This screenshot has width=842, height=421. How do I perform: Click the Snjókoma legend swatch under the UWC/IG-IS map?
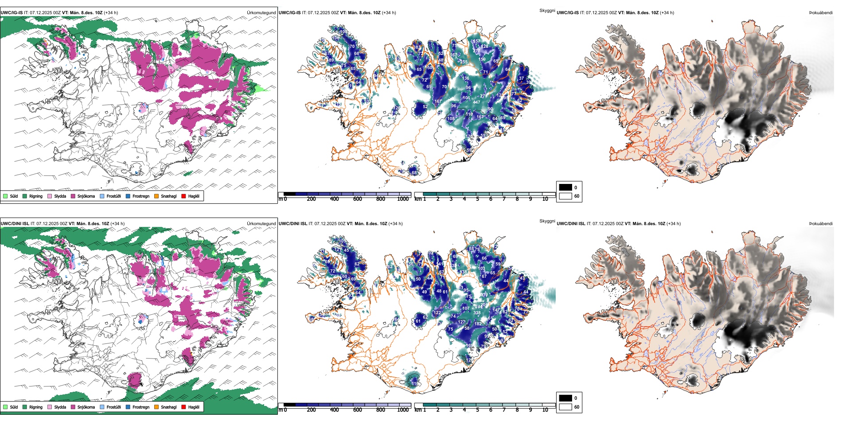click(x=73, y=196)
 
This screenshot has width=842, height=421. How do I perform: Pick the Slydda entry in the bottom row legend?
click(x=60, y=407)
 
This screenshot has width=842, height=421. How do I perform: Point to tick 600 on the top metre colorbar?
click(x=357, y=199)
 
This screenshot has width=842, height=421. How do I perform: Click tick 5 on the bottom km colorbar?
click(x=477, y=410)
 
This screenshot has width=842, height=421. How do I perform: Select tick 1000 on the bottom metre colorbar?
click(x=403, y=410)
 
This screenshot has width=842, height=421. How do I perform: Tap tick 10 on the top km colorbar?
click(x=545, y=199)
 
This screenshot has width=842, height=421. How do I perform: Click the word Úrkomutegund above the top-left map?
click(x=261, y=12)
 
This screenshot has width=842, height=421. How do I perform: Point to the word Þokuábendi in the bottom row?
click(x=821, y=223)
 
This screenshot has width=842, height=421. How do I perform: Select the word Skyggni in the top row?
click(x=547, y=10)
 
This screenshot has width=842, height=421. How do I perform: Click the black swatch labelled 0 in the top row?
click(x=565, y=187)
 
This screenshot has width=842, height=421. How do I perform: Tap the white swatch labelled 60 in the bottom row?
click(x=565, y=407)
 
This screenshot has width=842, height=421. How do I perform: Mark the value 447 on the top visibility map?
click(x=476, y=102)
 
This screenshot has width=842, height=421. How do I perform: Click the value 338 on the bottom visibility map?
click(x=477, y=313)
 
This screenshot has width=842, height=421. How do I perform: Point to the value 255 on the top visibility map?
click(x=464, y=62)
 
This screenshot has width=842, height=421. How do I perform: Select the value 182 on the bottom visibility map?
click(x=478, y=324)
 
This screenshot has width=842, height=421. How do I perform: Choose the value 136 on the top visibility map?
click(x=465, y=78)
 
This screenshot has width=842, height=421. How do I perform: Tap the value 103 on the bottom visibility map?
click(x=482, y=269)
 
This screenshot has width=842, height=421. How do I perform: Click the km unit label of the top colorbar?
click(x=418, y=199)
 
